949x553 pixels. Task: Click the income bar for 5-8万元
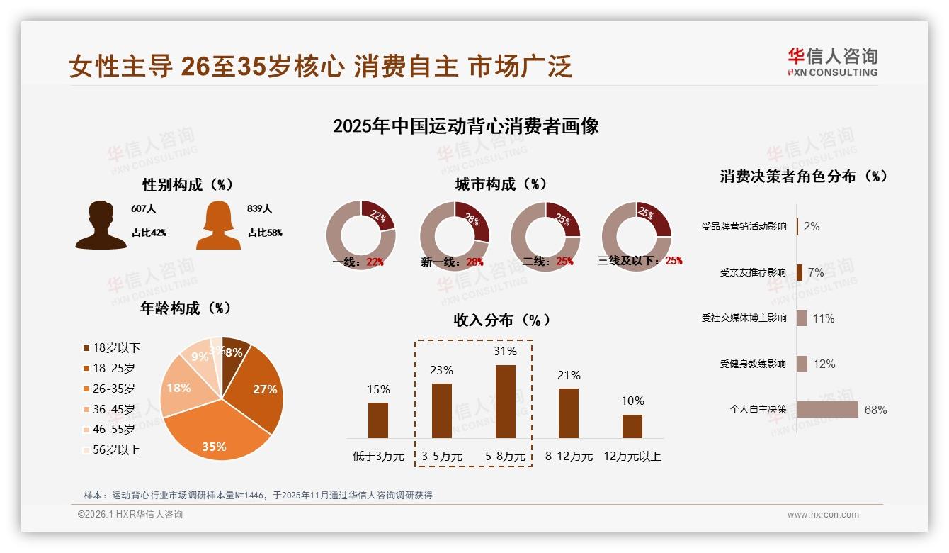[x=505, y=401]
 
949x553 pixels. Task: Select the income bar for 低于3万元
[x=378, y=420]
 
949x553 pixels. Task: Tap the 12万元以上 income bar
[x=632, y=426]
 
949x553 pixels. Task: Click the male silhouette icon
[x=101, y=225]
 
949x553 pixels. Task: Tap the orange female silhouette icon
[x=218, y=225]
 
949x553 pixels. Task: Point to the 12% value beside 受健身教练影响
[x=824, y=364]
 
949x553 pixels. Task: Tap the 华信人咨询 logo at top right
[x=832, y=62]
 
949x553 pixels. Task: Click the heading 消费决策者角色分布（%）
[x=803, y=177]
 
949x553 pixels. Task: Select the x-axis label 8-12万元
[x=569, y=456]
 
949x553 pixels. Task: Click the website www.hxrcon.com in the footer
[x=823, y=515]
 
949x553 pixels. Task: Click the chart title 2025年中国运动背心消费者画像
[x=465, y=126]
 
